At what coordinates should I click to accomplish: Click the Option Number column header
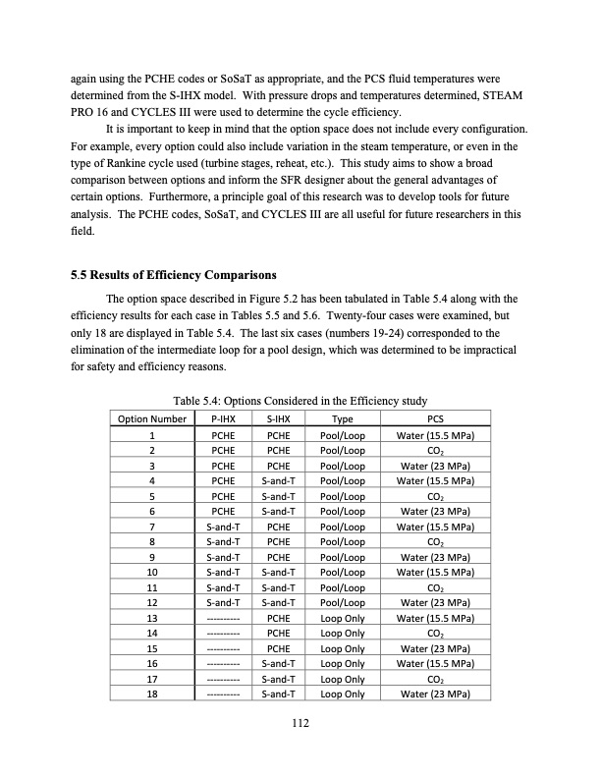pos(152,417)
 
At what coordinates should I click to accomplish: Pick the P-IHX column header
pos(222,417)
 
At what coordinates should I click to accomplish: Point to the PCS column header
pos(435,417)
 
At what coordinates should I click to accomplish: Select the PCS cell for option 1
pos(435,434)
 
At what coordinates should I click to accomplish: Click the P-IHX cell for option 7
pos(222,528)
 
